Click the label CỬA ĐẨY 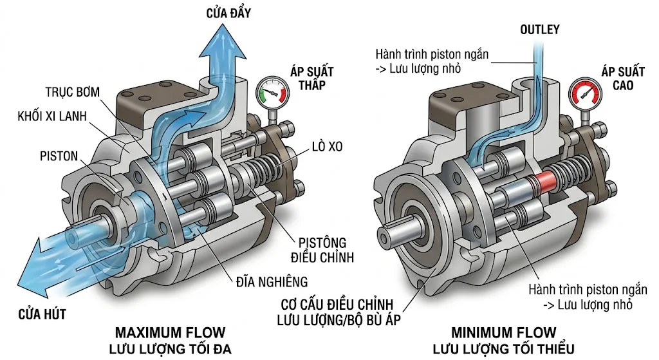click(x=228, y=12)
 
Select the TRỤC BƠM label click(x=73, y=91)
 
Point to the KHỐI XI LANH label click(x=54, y=117)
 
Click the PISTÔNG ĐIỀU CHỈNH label click(x=322, y=250)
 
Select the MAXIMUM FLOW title click(x=170, y=333)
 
